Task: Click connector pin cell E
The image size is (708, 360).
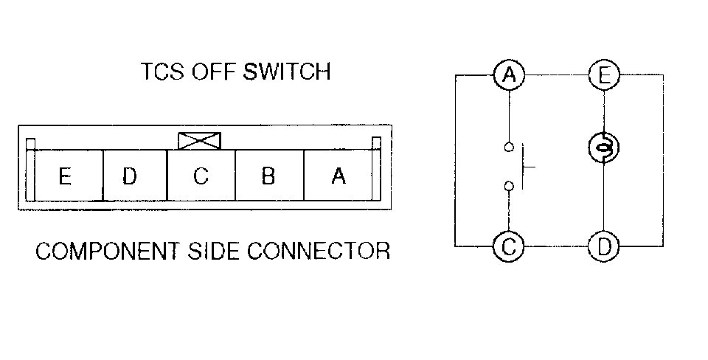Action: [65, 176]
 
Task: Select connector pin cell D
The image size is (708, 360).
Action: [131, 176]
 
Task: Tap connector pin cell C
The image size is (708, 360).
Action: [201, 176]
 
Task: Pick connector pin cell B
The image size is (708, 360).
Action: [268, 176]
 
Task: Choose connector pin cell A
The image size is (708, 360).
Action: [338, 176]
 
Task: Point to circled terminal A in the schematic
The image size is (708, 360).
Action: [508, 75]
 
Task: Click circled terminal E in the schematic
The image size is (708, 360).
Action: [603, 75]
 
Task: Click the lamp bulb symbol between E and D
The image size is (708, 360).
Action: [603, 148]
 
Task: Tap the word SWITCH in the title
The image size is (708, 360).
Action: [291, 72]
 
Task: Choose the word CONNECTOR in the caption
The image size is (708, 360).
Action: [318, 252]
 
